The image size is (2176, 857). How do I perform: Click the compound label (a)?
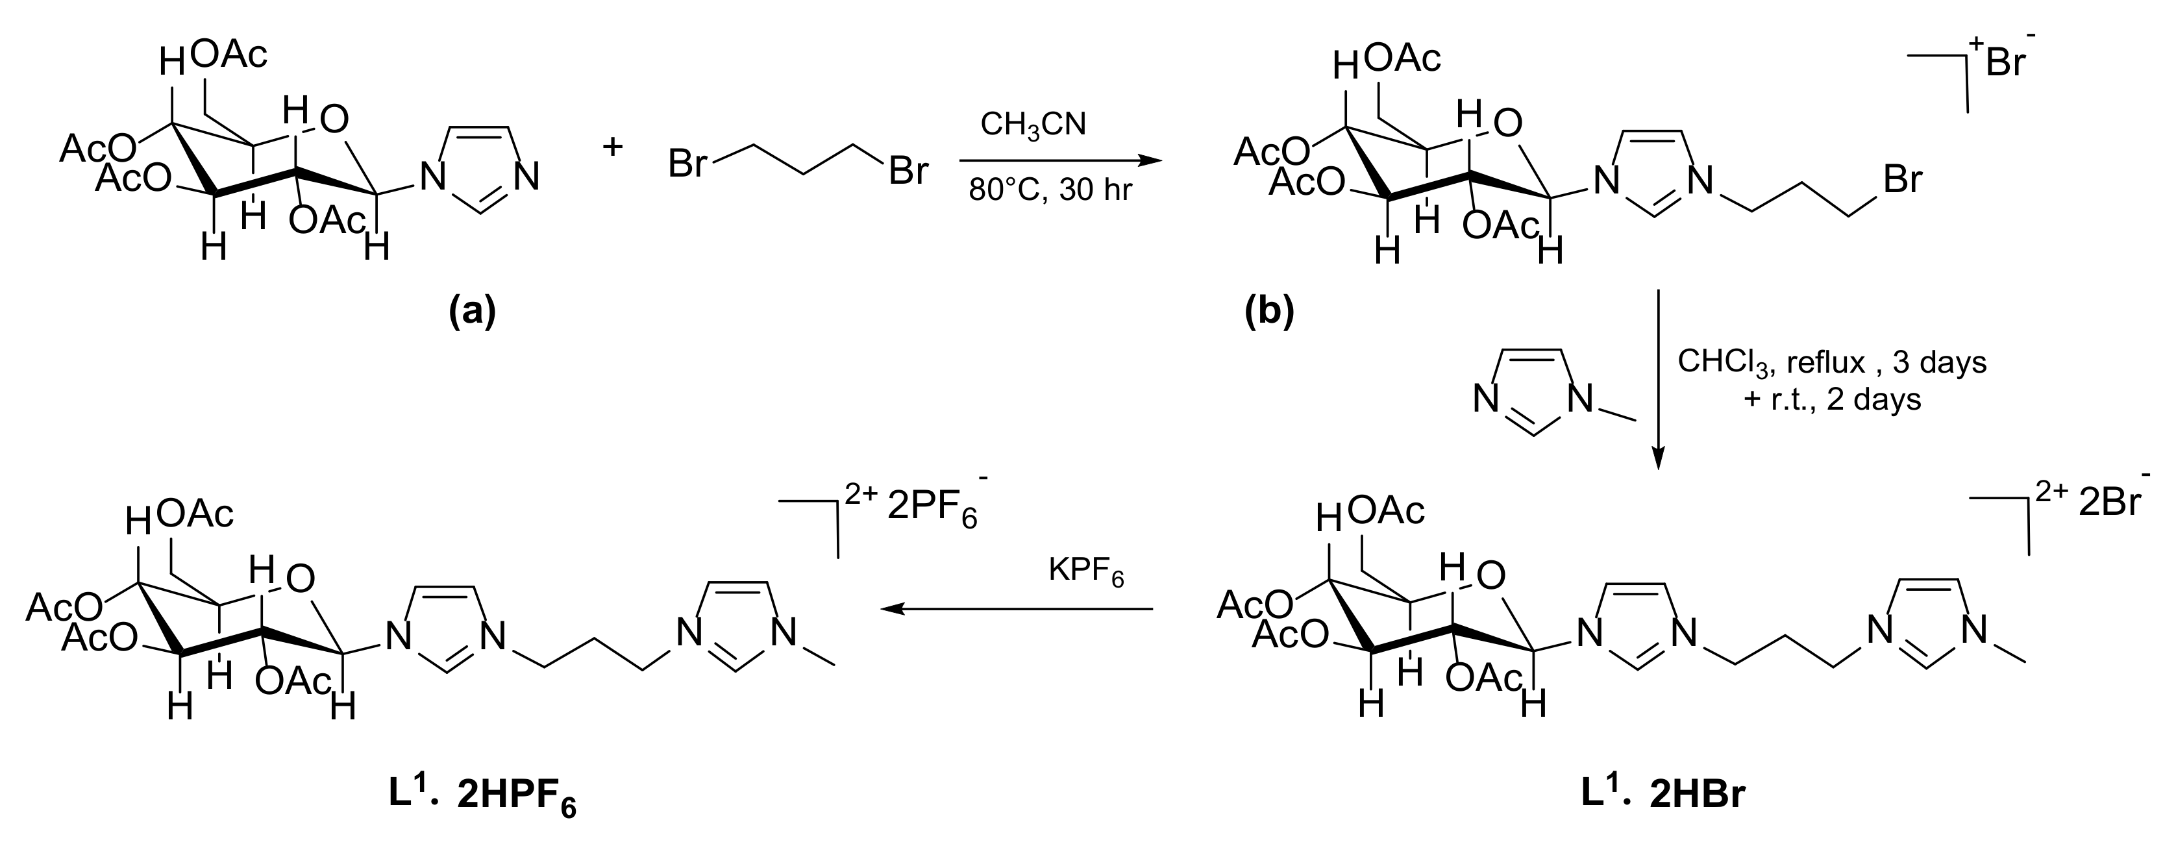pyautogui.click(x=471, y=311)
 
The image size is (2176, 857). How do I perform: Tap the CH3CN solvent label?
pyautogui.click(x=1033, y=125)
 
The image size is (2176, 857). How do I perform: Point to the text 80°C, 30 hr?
pyautogui.click(x=1050, y=190)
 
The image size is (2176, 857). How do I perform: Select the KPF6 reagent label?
pyautogui.click(x=1085, y=572)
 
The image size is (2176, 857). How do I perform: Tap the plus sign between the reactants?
pyautogui.click(x=612, y=147)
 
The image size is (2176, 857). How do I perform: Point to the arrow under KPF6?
pyautogui.click(x=1017, y=608)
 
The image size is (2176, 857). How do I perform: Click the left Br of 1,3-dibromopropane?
pyautogui.click(x=687, y=164)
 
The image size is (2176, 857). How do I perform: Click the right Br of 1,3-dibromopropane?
pyautogui.click(x=908, y=171)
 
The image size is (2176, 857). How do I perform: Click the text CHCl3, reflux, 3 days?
pyautogui.click(x=1831, y=362)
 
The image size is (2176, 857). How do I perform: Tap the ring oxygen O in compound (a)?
pyautogui.click(x=334, y=120)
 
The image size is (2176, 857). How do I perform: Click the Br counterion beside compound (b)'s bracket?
pyautogui.click(x=2006, y=62)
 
